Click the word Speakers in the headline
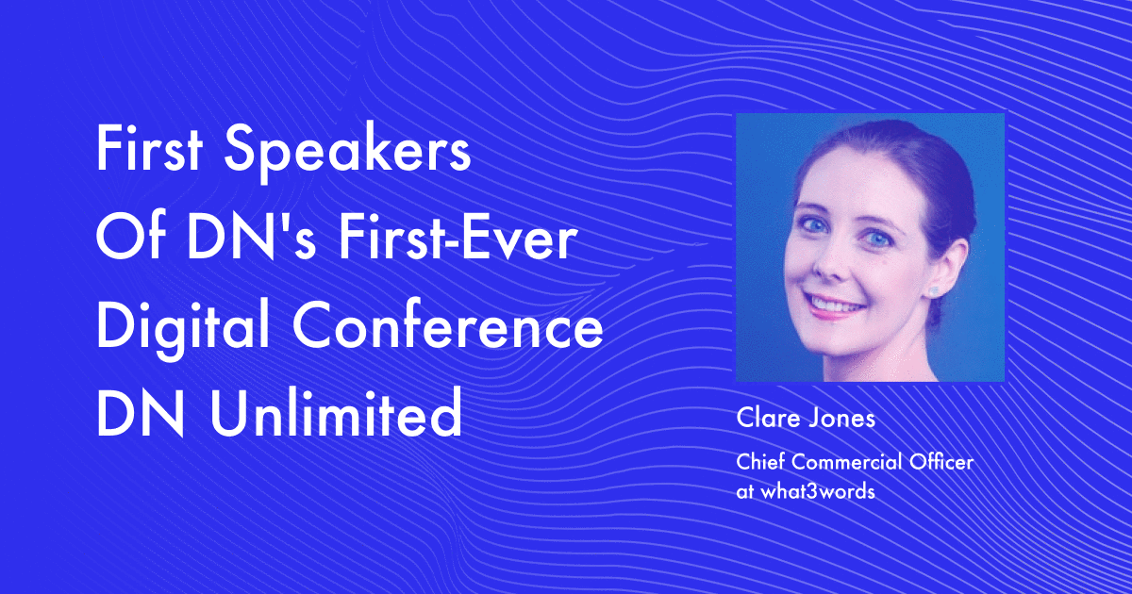[x=348, y=151]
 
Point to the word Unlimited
[x=336, y=412]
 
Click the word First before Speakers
[x=150, y=147]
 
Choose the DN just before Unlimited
[x=140, y=412]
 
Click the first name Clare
[x=769, y=419]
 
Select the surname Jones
[x=842, y=419]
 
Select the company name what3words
[x=818, y=491]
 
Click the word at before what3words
[x=745, y=492]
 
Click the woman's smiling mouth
[x=834, y=305]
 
